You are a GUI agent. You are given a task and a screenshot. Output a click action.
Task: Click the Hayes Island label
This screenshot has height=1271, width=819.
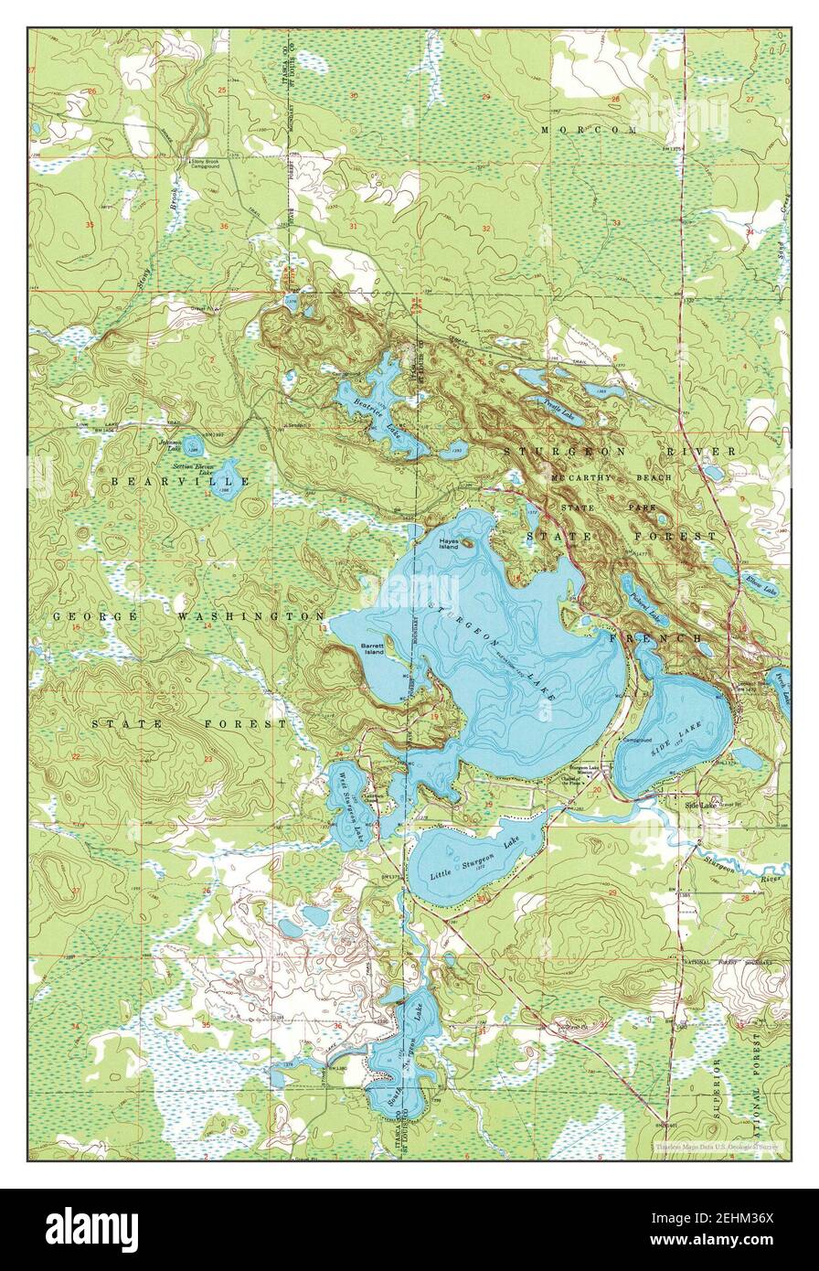coord(449,543)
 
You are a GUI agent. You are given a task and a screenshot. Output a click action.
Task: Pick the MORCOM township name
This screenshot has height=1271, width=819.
coord(588,131)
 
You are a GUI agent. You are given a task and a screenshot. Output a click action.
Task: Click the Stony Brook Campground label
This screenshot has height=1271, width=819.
coord(205,166)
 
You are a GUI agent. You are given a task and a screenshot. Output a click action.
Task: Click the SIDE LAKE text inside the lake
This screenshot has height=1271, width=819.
coord(671,742)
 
